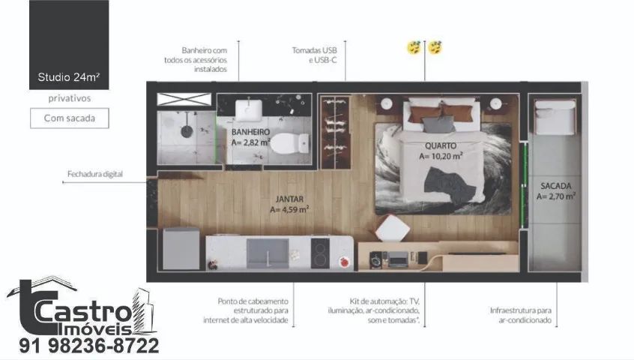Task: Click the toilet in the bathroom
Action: (289, 143)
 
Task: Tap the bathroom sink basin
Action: (249, 110)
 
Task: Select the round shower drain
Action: (187, 131)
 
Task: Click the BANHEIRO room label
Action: (251, 132)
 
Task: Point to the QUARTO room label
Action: (441, 145)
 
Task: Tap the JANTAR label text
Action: (289, 199)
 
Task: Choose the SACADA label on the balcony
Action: (556, 186)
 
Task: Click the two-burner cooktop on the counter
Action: (320, 253)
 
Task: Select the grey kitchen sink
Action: (268, 253)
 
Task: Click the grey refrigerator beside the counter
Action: (181, 249)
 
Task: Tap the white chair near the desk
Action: (392, 229)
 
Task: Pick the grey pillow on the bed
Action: (438, 124)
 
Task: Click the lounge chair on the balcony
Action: (555, 117)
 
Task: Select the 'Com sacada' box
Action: (70, 118)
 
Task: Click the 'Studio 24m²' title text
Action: (69, 76)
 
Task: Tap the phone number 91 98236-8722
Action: (89, 346)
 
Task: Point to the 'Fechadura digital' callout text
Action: (95, 174)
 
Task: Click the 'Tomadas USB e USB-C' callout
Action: (315, 55)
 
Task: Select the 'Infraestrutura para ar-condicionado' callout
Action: (521, 315)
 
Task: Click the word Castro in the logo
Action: (83, 312)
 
